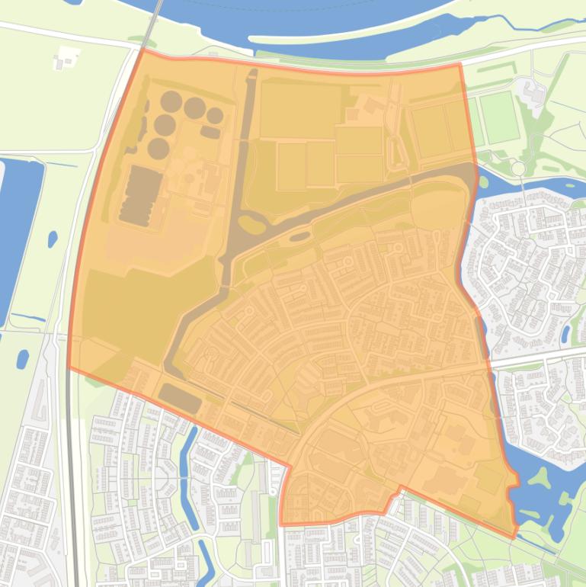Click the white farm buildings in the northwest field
coord(67,58)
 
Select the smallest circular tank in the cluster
coord(216,116)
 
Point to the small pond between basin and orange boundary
coord(53,239)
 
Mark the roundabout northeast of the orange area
coord(518,168)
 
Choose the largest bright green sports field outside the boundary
coord(499,117)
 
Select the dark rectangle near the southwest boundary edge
coord(180,397)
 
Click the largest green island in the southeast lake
coord(542,478)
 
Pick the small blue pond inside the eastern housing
coord(565,333)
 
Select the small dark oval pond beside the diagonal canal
coord(299,237)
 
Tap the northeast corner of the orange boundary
coord(460,65)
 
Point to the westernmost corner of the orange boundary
coord(69,367)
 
